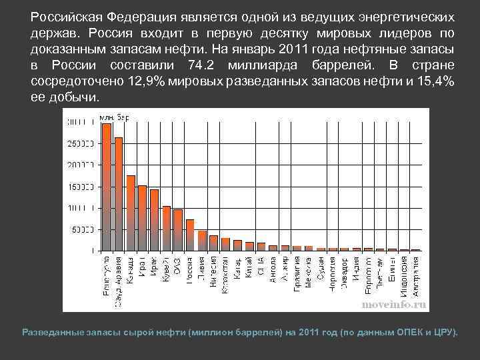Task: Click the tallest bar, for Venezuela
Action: point(107,187)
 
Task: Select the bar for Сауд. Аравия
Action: point(119,193)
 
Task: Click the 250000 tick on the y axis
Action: point(81,143)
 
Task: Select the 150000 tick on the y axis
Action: point(81,187)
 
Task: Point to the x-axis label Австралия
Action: point(415,273)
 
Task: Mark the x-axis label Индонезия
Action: point(403,274)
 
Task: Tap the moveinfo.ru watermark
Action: point(393,304)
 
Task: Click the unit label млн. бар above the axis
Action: point(114,117)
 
